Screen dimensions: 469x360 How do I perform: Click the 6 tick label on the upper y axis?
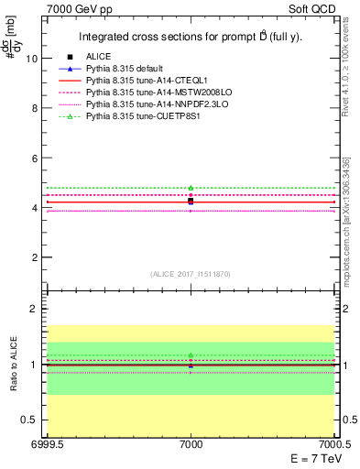34,158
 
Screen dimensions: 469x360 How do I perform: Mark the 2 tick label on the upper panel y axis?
34,257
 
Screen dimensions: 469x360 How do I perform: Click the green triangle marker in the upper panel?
191,188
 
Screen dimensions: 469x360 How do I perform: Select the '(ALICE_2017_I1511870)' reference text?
191,274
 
